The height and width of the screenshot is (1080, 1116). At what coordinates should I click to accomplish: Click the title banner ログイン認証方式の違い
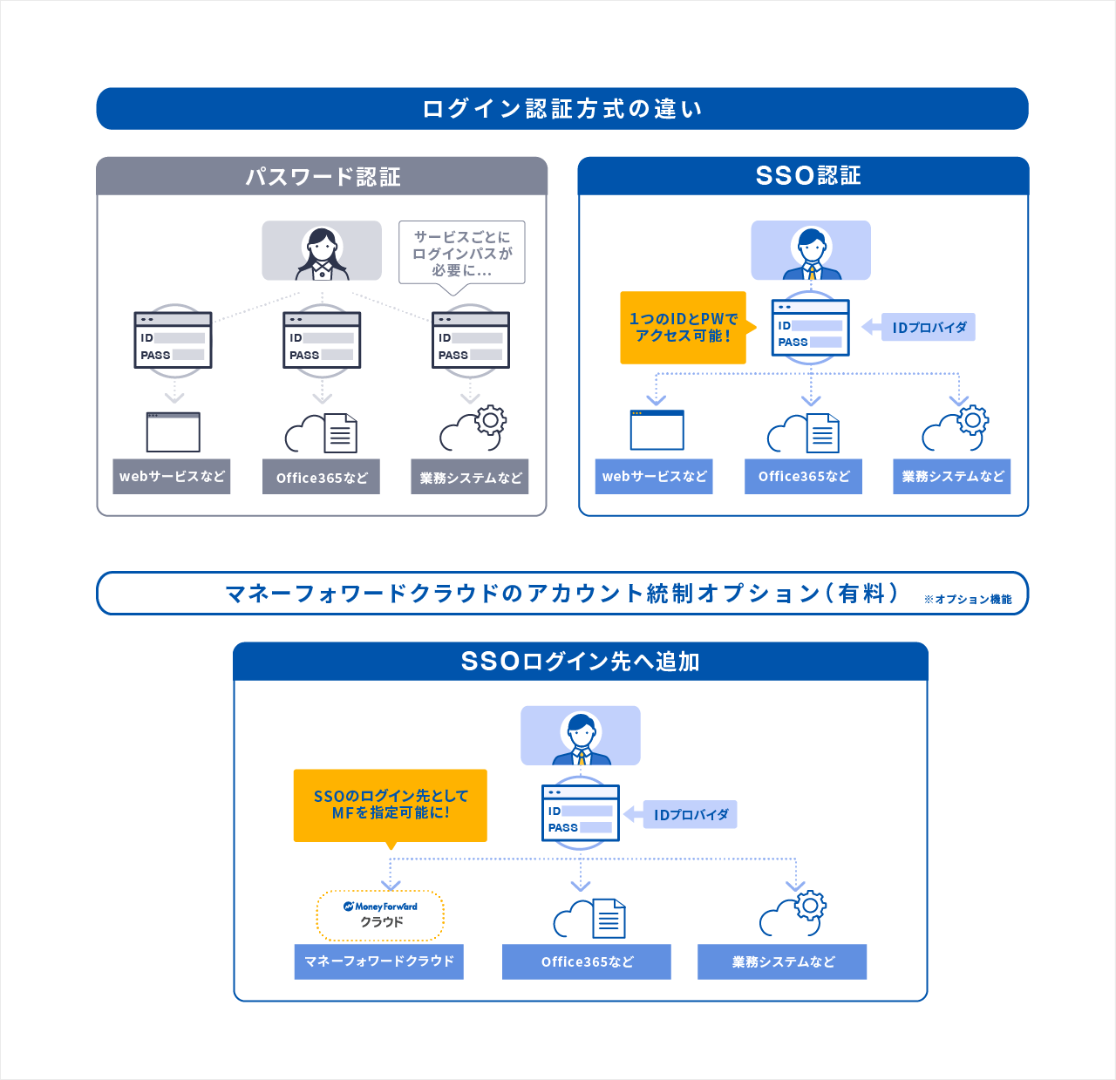point(562,109)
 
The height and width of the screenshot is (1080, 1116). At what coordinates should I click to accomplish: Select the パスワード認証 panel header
point(322,176)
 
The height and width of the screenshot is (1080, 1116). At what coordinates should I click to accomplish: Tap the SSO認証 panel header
point(803,175)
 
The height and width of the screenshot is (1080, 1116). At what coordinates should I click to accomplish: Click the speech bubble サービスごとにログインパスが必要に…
point(462,253)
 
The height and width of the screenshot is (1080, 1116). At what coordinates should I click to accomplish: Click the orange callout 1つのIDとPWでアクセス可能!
point(684,328)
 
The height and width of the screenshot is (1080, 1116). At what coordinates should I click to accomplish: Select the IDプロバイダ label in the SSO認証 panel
point(929,328)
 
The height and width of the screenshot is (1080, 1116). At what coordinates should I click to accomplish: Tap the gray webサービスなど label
point(172,477)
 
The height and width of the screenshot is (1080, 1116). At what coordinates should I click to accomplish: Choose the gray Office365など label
point(322,478)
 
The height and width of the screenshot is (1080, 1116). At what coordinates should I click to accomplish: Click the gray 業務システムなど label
point(470,478)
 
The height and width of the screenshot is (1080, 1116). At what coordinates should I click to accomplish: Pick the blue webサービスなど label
point(654,477)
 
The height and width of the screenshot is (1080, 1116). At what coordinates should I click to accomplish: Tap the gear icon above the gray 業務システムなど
point(490,420)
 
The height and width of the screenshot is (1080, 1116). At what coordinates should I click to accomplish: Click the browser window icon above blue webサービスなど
point(657,430)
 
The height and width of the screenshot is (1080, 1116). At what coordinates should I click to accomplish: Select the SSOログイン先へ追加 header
point(580,662)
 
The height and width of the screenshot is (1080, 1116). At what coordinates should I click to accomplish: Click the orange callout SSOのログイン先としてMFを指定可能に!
point(391,805)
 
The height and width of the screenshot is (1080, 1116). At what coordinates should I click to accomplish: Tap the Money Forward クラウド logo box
point(380,915)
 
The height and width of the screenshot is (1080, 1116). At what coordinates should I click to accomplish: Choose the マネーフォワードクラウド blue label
point(379,961)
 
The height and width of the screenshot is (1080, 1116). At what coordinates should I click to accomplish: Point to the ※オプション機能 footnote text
point(968,600)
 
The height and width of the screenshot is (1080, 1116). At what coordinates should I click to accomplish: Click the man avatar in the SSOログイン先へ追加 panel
point(581,737)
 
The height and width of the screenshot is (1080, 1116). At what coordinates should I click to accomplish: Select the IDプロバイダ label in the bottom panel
point(691,815)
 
